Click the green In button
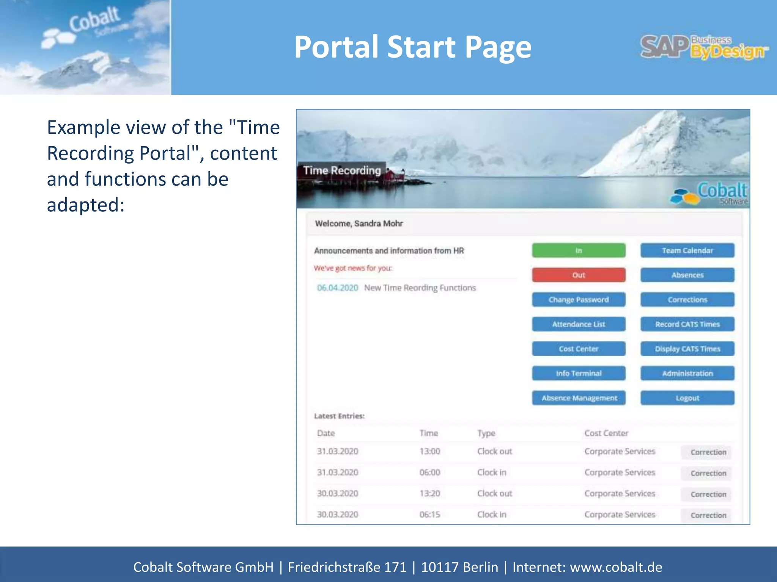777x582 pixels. click(x=578, y=250)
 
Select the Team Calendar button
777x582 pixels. click(x=687, y=250)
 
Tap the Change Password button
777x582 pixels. click(x=578, y=300)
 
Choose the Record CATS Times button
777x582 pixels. click(x=687, y=324)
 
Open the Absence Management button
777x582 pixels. click(x=579, y=398)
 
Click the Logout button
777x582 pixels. click(x=687, y=398)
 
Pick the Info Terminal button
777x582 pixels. click(x=578, y=373)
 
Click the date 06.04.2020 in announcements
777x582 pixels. click(x=337, y=288)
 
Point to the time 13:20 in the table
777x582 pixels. click(x=429, y=493)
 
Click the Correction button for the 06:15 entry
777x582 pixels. click(x=708, y=515)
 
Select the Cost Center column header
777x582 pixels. click(x=606, y=433)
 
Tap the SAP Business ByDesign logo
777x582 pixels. click(x=704, y=47)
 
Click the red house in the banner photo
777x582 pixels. click(x=395, y=175)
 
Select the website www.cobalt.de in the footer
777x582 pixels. click(x=616, y=567)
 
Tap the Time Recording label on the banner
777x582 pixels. click(x=342, y=171)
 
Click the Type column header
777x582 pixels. click(x=486, y=433)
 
